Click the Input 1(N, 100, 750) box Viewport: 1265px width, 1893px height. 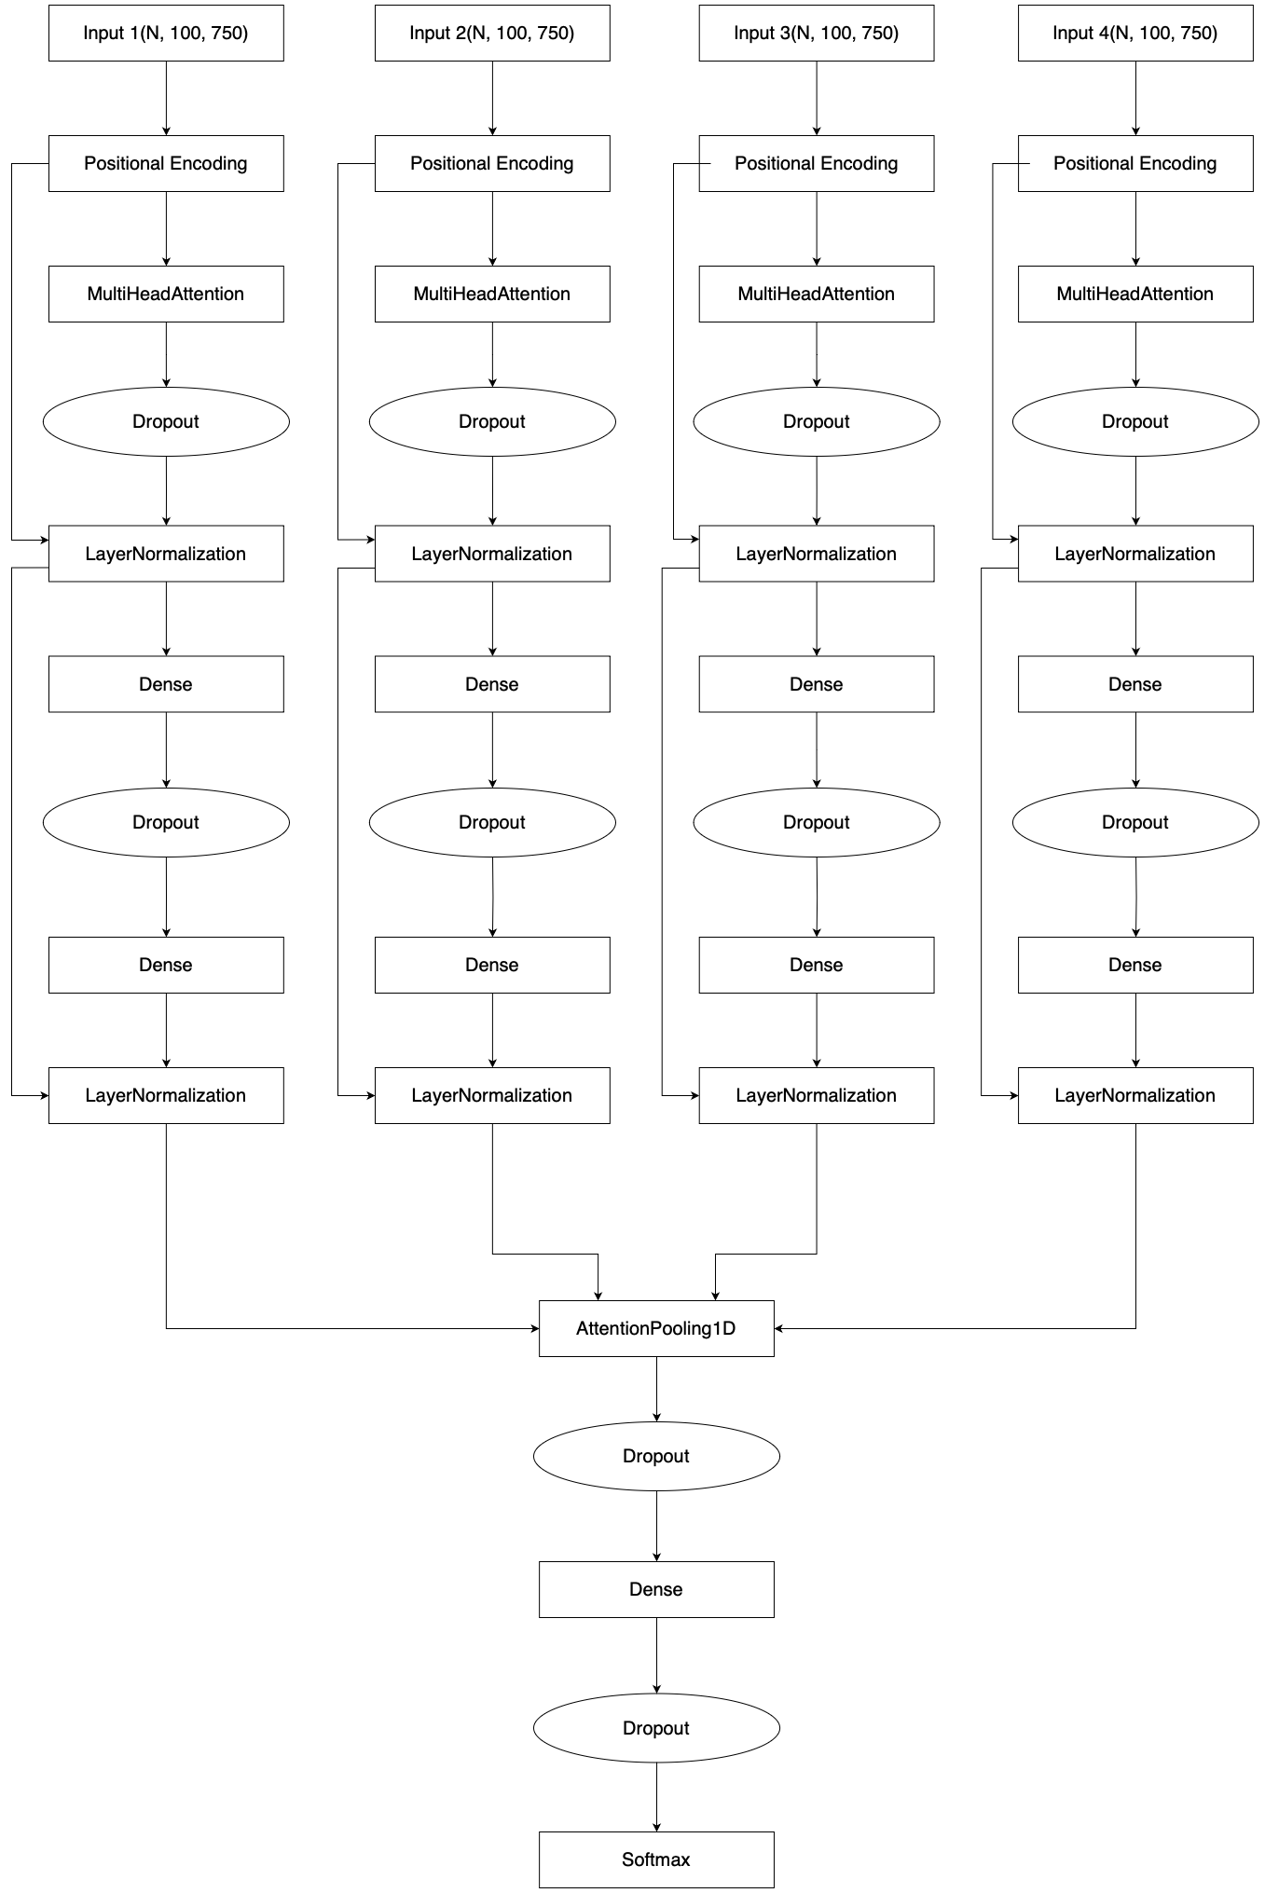pos(166,34)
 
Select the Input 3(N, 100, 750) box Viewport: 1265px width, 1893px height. pos(816,34)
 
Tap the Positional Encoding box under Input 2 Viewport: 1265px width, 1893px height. pos(492,164)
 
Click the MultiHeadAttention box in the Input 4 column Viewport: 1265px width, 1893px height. pos(1134,295)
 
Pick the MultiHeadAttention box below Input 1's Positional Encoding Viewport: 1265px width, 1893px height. pos(166,295)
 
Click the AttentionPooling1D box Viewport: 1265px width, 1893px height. pos(656,1328)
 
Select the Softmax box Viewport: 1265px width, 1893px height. pos(656,1859)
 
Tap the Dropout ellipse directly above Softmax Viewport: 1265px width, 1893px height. pos(656,1728)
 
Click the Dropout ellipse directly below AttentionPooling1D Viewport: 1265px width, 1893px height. pos(656,1456)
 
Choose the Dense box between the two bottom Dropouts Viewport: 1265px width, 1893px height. pos(656,1589)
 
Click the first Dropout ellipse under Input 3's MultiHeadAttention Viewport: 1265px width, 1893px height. pos(816,421)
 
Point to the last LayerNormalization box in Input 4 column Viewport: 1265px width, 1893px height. pos(1134,1095)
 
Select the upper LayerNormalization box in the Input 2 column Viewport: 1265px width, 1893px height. pos(492,554)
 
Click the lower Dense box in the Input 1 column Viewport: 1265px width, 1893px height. pos(166,965)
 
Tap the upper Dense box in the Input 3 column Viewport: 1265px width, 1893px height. pos(816,684)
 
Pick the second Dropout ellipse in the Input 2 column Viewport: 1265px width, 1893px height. pos(492,822)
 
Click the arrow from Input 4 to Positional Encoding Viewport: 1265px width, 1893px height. pos(1135,98)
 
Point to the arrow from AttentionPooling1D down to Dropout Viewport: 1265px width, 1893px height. pos(656,1389)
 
